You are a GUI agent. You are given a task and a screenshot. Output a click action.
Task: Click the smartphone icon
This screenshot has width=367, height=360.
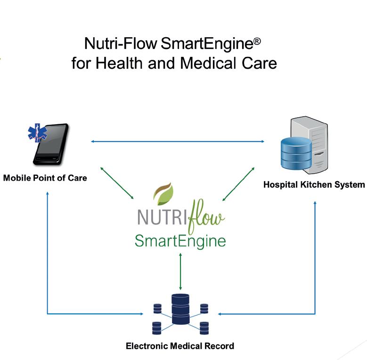pos(51,145)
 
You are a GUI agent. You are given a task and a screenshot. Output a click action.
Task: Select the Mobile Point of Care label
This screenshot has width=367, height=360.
pos(45,178)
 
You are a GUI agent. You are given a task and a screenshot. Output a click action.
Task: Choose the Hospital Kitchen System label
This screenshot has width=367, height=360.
pos(314,184)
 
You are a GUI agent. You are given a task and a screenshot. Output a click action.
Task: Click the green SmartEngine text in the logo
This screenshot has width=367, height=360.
pos(180,241)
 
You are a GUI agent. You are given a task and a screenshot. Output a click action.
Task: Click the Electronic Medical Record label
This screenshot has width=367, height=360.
pos(179,346)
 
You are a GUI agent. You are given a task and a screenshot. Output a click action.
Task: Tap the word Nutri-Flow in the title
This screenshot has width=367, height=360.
pos(121,44)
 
